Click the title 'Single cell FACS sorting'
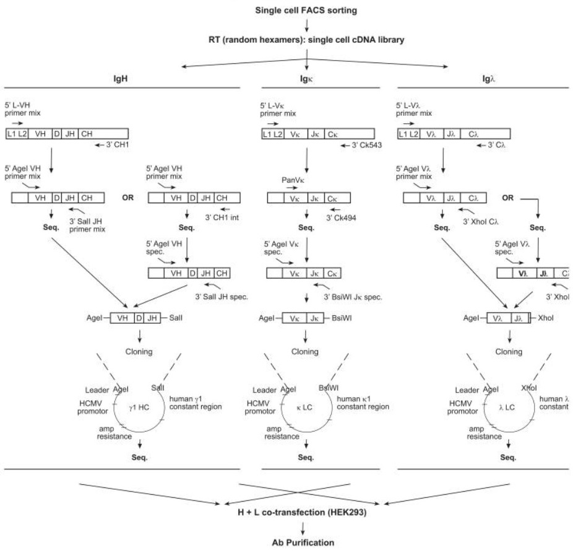(x=307, y=11)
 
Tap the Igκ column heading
(x=308, y=79)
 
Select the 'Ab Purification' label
(x=308, y=543)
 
